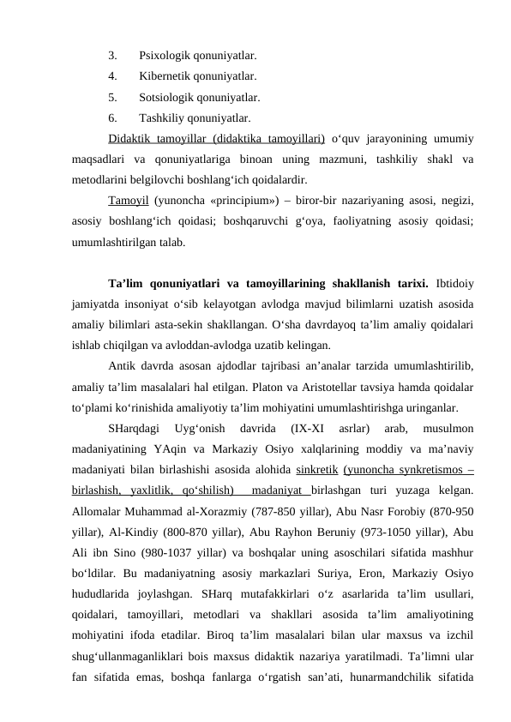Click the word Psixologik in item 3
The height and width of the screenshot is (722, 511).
coord(165,56)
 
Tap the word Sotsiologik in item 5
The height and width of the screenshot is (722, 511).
coord(167,97)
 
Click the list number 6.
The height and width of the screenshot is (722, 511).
coord(113,117)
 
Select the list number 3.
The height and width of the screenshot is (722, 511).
coord(113,56)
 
